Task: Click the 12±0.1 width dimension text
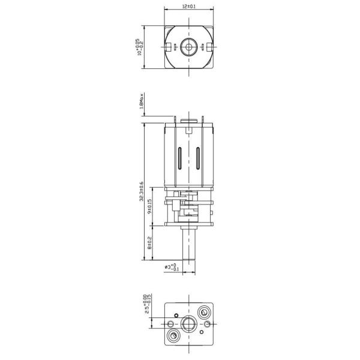point(188,7)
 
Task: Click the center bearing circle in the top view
point(188,46)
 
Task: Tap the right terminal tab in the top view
point(211,46)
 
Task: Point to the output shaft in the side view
point(188,246)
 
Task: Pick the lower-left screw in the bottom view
point(174,334)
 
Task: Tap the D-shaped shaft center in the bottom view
point(189,323)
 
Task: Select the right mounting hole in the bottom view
point(207,323)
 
